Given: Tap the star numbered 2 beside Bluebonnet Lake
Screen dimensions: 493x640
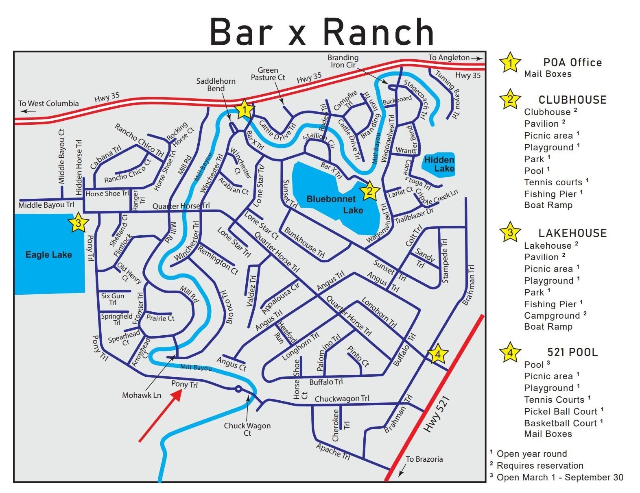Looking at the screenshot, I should point(369,191).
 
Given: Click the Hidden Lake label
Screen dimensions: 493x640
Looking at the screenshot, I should point(439,164).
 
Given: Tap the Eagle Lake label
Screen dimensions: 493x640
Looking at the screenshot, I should point(48,255).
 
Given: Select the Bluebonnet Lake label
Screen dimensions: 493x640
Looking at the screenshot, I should point(331,204).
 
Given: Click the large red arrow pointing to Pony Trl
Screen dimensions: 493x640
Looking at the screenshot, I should point(159,416).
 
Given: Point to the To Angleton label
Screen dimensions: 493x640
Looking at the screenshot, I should point(449,58).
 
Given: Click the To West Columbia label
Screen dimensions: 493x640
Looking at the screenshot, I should point(48,103).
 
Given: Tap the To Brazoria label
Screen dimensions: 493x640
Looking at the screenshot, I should point(424,459).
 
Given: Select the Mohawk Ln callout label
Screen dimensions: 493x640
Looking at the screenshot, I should point(142,395).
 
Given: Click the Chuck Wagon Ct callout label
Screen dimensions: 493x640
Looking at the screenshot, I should point(247,429).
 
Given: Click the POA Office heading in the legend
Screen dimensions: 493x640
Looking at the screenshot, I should point(572,63).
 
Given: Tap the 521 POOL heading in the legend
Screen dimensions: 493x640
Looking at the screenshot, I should point(572,352).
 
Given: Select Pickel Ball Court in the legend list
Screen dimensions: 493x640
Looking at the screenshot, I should point(561,411).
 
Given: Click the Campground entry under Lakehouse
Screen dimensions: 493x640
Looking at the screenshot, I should point(552,315).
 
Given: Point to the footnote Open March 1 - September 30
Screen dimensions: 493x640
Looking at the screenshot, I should point(560,477).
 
